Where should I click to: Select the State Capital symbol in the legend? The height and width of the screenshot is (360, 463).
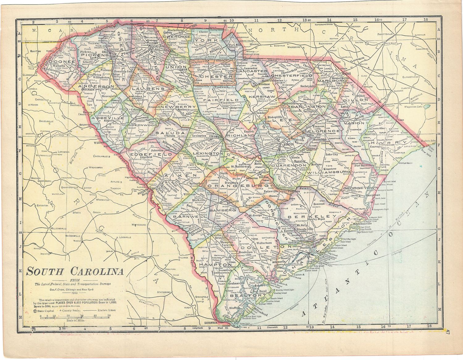coord(35,311)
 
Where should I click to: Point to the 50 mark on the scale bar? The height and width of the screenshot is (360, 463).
coord(109,316)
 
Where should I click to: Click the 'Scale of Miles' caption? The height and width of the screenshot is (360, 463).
coord(73,321)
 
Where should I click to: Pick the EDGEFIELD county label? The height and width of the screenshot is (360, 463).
coord(151,154)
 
